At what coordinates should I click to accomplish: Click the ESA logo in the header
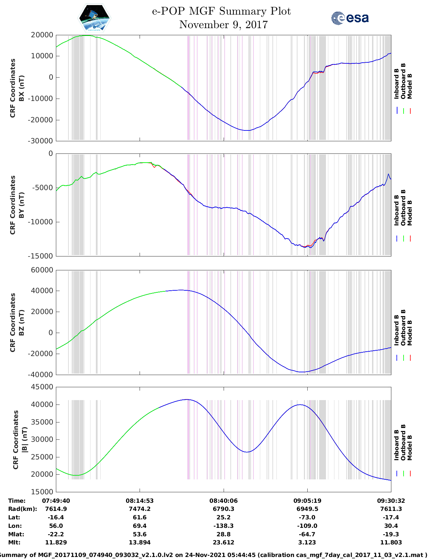(350, 18)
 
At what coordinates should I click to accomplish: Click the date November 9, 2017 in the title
(223, 25)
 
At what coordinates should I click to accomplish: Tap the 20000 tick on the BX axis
(42, 35)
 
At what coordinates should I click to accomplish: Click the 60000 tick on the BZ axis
(42, 270)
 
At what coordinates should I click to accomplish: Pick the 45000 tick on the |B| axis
(42, 387)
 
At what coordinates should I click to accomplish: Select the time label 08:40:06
(223, 501)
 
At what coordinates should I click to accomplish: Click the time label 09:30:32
(391, 501)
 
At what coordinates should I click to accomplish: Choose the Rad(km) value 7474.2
(140, 509)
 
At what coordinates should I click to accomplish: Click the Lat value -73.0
(307, 517)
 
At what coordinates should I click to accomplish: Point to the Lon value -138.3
(223, 526)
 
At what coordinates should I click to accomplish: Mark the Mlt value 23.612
(223, 542)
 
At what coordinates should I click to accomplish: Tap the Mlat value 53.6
(140, 534)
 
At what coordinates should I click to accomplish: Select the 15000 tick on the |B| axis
(42, 492)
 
